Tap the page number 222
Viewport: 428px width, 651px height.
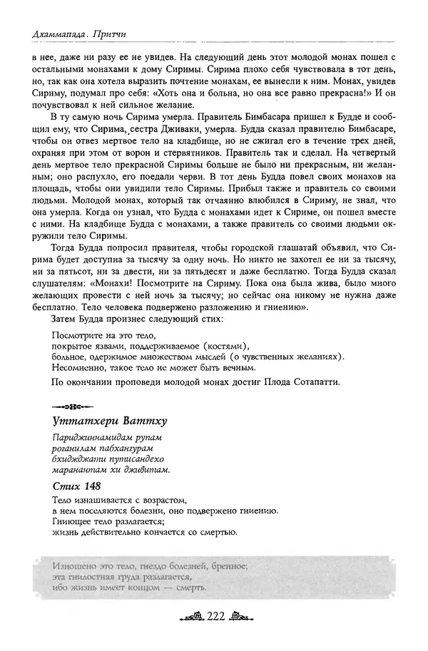tap(214, 617)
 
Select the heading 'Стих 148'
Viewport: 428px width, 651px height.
tap(75, 486)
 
